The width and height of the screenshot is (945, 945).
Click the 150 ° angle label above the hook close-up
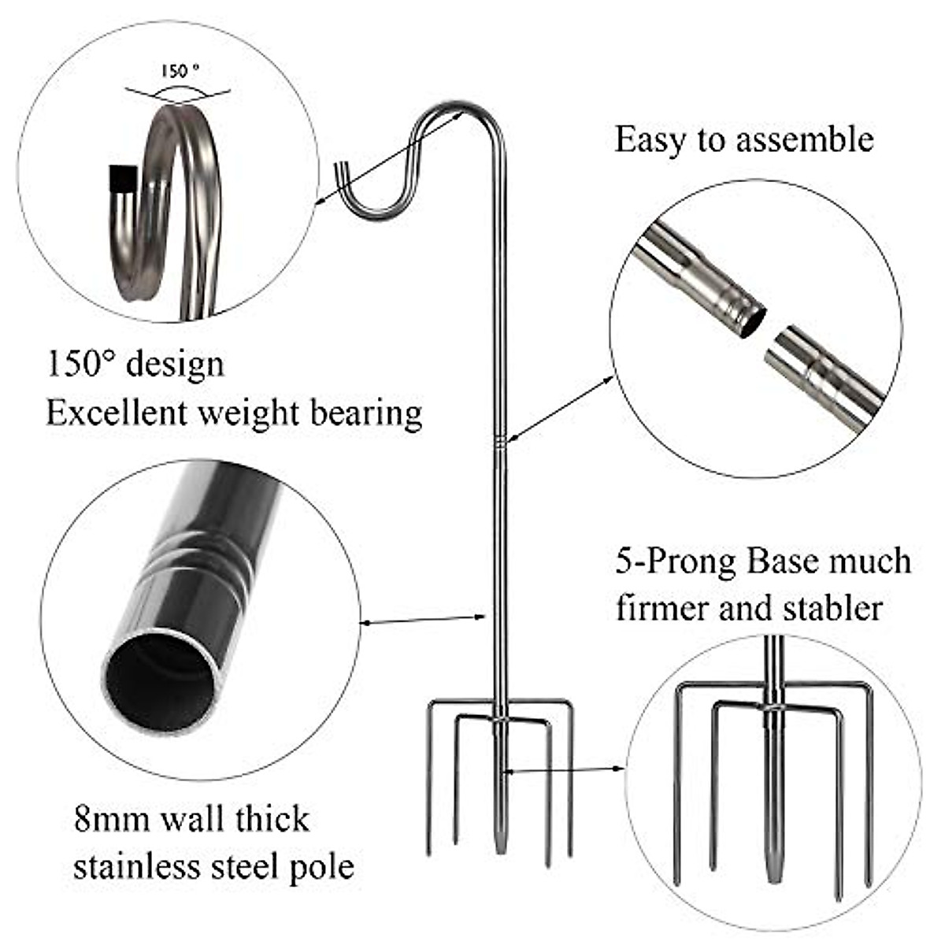click(x=180, y=70)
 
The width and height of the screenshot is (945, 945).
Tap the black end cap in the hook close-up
click(x=120, y=179)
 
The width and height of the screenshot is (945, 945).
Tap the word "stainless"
click(x=135, y=866)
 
